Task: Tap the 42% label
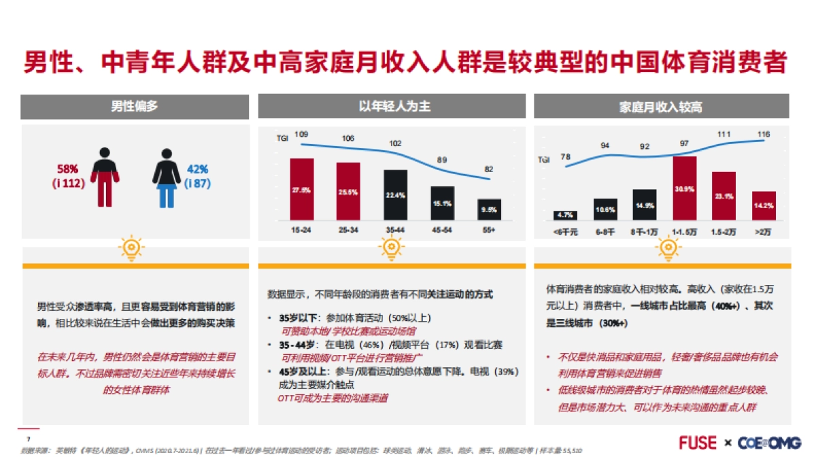click(198, 169)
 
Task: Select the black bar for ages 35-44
click(395, 194)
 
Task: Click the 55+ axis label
click(489, 231)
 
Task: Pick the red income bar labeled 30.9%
click(684, 188)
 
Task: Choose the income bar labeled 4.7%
click(565, 215)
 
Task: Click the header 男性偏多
click(135, 107)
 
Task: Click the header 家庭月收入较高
click(661, 107)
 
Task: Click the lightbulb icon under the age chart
click(392, 248)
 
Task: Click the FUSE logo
click(698, 443)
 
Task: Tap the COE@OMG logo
click(768, 443)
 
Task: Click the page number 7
click(28, 439)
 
